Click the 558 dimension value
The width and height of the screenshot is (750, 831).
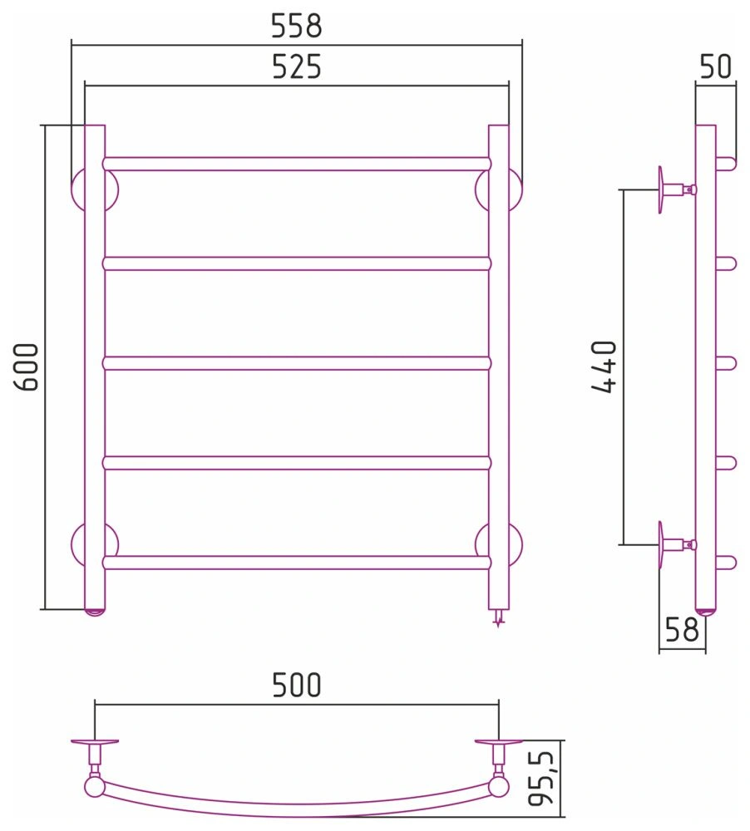coord(297,26)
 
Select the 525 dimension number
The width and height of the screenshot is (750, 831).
coord(297,66)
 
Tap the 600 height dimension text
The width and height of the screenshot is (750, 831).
coord(27,367)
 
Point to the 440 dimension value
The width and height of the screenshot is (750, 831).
coord(604,367)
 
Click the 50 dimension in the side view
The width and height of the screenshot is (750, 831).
coord(716,66)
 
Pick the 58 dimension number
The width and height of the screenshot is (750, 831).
coord(682,630)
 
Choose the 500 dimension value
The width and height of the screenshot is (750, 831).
coord(297,685)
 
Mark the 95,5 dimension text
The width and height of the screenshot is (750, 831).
coord(541,778)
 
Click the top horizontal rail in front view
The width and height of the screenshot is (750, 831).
coord(297,164)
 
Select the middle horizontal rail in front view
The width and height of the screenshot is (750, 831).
coord(297,363)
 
